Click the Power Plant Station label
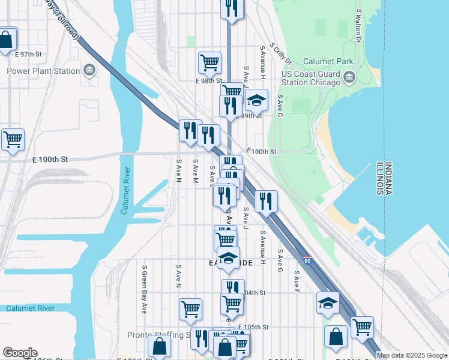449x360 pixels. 43,71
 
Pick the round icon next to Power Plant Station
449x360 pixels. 90,71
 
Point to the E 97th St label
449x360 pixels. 30,54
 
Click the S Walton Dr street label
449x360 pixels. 358,25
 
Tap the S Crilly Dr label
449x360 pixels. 280,53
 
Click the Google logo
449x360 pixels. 20,353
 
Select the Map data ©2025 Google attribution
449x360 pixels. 412,355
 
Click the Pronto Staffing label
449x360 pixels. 160,335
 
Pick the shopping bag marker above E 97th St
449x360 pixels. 6,41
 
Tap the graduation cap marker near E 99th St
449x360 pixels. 256,100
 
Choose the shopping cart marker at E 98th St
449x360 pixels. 209,62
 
